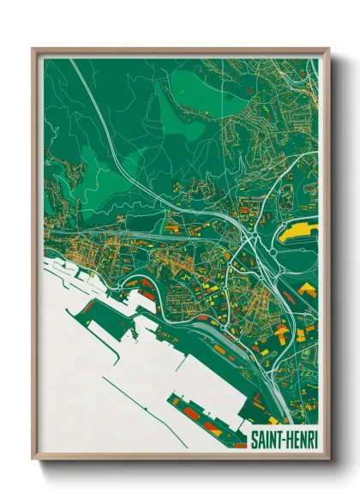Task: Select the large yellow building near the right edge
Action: (x=300, y=230)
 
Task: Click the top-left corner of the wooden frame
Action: (x=33, y=49)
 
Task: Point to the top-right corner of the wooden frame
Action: (x=328, y=49)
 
